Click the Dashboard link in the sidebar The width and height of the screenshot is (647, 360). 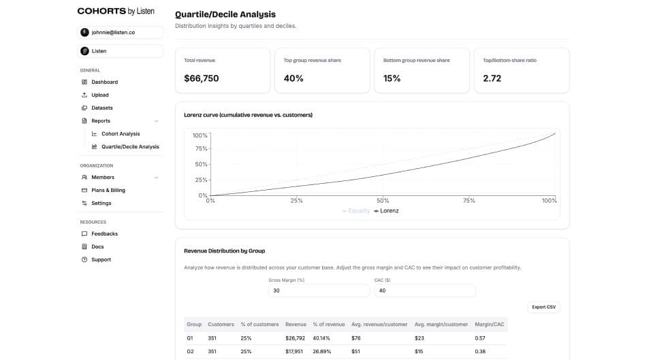[x=104, y=82]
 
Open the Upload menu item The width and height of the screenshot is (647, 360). [x=100, y=95]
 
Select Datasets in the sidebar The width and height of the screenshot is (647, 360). [x=102, y=108]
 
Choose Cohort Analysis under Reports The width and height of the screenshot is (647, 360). [x=121, y=134]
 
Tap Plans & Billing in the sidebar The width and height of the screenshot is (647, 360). [x=108, y=191]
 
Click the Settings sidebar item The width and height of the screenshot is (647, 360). [x=101, y=203]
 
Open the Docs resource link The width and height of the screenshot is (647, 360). [x=97, y=247]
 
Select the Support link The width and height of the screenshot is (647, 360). [x=101, y=260]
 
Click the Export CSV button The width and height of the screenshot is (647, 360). [x=543, y=307]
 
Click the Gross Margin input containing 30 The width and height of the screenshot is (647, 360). [x=319, y=291]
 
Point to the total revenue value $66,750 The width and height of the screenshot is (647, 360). [x=202, y=79]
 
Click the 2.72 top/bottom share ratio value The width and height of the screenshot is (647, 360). [x=492, y=79]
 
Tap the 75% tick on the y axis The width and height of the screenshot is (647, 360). [x=201, y=148]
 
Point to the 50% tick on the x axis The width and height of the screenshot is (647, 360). [x=383, y=201]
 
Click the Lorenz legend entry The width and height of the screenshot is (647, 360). [x=386, y=211]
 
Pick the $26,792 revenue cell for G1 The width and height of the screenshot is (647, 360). [x=296, y=338]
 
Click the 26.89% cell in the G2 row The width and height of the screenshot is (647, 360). [x=322, y=352]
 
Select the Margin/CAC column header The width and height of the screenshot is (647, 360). [x=489, y=325]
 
